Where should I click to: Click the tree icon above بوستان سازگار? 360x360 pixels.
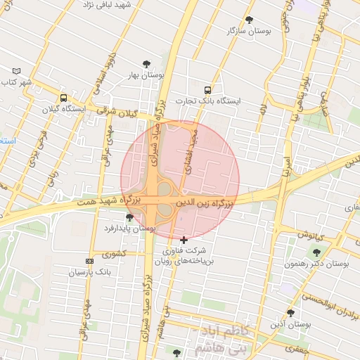pyautogui.click(x=249, y=20)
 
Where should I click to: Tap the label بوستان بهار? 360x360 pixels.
pyautogui.click(x=146, y=74)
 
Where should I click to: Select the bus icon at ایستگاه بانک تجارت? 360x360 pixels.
pyautogui.click(x=207, y=90)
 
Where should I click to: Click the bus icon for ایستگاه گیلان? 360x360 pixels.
pyautogui.click(x=64, y=98)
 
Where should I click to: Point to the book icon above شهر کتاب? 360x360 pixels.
pyautogui.click(x=17, y=71)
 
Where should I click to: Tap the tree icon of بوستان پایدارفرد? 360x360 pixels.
pyautogui.click(x=128, y=217)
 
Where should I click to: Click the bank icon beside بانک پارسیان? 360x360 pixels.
pyautogui.click(x=89, y=261)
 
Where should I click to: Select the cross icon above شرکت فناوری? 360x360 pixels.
pyautogui.click(x=184, y=240)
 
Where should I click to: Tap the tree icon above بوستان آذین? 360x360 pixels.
pyautogui.click(x=290, y=313)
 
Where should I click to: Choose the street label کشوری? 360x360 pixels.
pyautogui.click(x=113, y=253)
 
